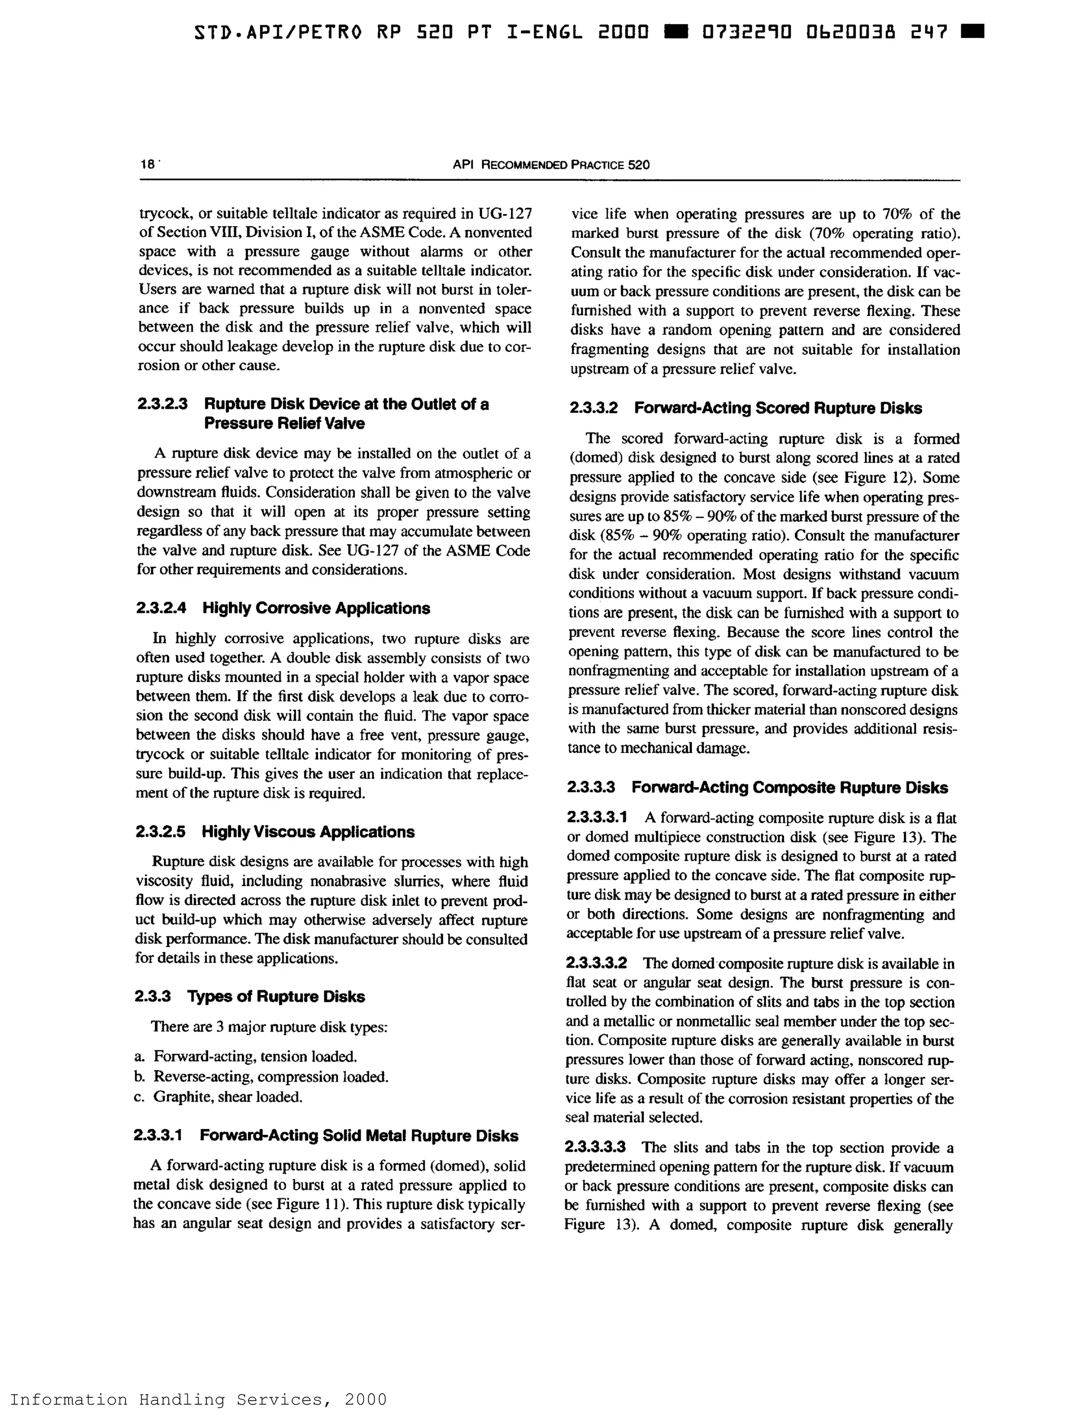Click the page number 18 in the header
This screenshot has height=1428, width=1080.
(x=147, y=164)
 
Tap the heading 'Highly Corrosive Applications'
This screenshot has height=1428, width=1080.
(x=316, y=608)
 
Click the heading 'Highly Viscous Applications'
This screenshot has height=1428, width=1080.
(x=308, y=832)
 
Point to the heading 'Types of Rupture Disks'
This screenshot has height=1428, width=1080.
(x=276, y=996)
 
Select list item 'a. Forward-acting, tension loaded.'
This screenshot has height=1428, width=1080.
(x=246, y=1056)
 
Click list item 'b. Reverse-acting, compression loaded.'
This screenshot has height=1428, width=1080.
(x=262, y=1076)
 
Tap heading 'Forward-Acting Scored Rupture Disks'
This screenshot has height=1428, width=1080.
(x=778, y=408)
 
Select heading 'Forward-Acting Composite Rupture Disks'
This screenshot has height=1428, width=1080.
(x=789, y=788)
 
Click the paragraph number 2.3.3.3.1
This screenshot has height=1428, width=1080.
(x=596, y=817)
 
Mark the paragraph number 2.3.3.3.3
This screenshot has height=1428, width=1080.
(x=595, y=1147)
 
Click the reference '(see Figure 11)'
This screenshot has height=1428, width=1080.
(x=297, y=1204)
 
